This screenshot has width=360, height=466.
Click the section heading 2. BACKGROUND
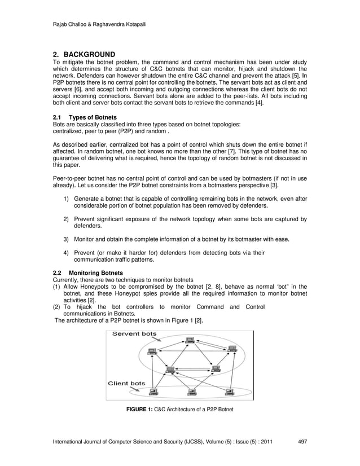pyautogui.click(x=84, y=54)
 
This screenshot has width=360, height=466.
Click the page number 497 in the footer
pyautogui.click(x=302, y=441)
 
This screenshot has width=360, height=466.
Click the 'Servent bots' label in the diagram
pyautogui.click(x=134, y=333)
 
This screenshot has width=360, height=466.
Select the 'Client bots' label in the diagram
pyautogui.click(x=126, y=383)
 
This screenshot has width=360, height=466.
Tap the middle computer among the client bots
pyautogui.click(x=192, y=390)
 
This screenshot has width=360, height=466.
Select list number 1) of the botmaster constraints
pyautogui.click(x=66, y=199)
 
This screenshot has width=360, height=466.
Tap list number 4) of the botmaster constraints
pyautogui.click(x=66, y=253)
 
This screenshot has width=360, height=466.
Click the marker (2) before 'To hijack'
pyautogui.click(x=56, y=307)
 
